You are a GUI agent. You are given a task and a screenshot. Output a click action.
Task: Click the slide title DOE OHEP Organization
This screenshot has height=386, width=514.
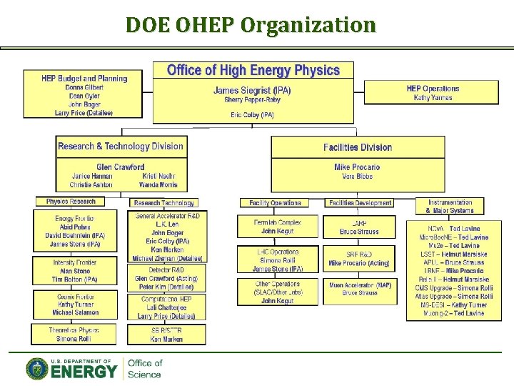tap(250, 25)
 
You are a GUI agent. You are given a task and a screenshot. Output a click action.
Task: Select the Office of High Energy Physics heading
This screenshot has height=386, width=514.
tap(253, 70)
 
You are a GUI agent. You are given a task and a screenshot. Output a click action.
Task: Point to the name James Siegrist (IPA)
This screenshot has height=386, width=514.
tap(252, 90)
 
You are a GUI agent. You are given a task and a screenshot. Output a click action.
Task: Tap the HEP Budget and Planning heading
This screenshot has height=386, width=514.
tap(84, 79)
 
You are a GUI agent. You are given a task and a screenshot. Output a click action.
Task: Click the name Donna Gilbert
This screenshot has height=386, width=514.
tap(84, 87)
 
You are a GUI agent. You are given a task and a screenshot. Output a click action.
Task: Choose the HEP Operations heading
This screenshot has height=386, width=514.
tap(433, 89)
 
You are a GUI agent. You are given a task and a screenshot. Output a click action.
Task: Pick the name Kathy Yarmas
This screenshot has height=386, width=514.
tap(433, 98)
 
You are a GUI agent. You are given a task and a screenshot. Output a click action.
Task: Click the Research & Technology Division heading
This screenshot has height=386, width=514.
tap(121, 147)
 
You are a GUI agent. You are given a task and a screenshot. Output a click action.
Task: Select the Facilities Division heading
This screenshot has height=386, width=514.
tap(358, 148)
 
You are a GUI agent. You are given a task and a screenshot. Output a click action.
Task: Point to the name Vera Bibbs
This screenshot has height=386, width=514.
tap(358, 176)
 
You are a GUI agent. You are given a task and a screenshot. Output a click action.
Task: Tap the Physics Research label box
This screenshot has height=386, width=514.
tap(71, 202)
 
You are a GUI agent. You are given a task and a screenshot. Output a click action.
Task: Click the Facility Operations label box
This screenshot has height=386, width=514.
tap(276, 203)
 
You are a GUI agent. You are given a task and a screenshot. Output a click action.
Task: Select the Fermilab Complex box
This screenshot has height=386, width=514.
tap(278, 227)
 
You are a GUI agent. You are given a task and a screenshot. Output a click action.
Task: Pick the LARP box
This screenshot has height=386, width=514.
tap(359, 227)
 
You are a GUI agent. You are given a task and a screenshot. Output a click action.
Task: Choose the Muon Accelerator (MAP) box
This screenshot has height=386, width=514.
tap(360, 289)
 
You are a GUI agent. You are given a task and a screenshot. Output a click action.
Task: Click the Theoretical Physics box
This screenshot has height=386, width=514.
tap(74, 335)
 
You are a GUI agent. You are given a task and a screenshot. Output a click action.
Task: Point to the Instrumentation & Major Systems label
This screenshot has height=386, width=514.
tap(450, 207)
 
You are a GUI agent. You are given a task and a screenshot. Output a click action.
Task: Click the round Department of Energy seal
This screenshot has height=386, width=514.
tap(37, 369)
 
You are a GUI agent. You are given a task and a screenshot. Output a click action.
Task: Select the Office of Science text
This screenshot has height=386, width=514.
tap(145, 369)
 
